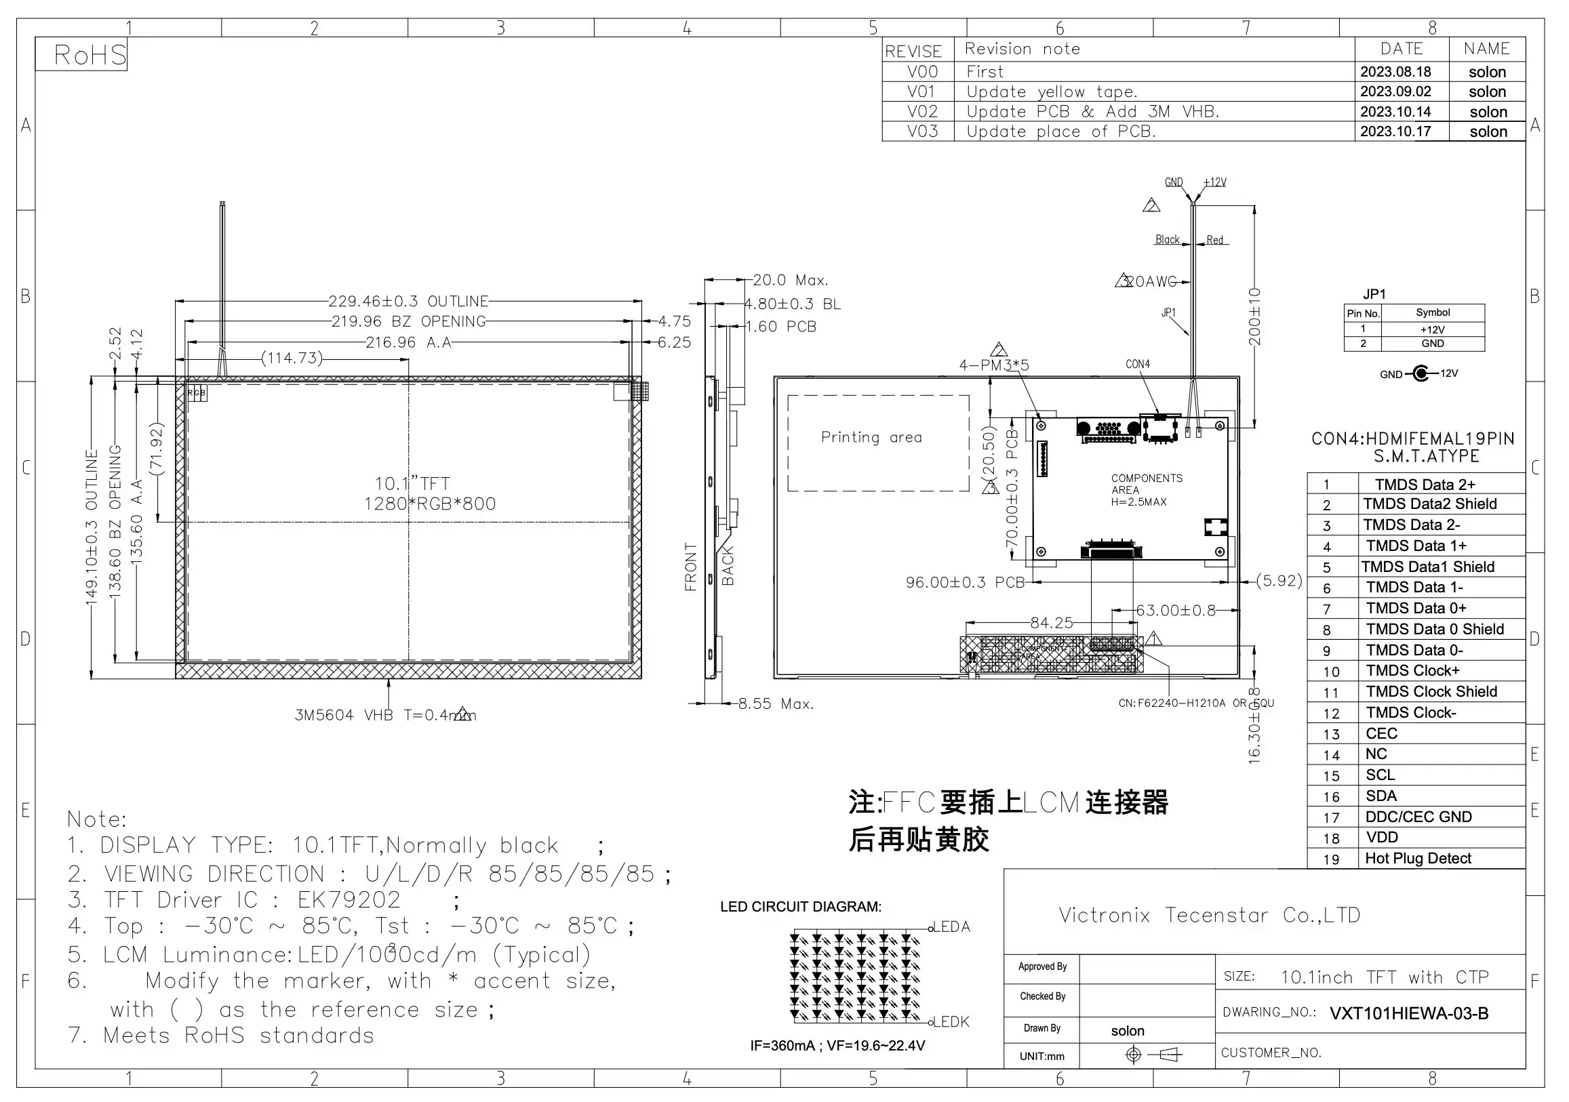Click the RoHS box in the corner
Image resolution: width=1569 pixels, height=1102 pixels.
tap(81, 55)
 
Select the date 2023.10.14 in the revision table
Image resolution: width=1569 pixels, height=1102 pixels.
tap(1395, 111)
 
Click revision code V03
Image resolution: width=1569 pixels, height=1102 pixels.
tap(922, 131)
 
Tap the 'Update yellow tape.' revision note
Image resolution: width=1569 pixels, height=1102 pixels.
tap(1052, 91)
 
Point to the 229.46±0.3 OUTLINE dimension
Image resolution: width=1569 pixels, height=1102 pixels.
tap(408, 302)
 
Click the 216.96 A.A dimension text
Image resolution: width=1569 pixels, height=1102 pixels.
tap(408, 342)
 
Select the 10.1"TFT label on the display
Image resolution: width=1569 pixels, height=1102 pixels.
tap(412, 484)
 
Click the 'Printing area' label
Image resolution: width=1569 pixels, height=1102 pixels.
tap(871, 437)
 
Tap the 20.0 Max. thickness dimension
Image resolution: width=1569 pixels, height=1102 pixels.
tap(790, 280)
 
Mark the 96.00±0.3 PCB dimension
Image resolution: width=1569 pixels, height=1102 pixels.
tap(965, 582)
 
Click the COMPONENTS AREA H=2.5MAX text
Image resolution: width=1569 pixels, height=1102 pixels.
tap(1146, 490)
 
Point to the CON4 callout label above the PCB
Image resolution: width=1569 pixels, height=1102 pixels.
tap(1138, 364)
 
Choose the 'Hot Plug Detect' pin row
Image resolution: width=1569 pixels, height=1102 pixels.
tap(1417, 859)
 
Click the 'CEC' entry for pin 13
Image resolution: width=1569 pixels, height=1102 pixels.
tap(1381, 734)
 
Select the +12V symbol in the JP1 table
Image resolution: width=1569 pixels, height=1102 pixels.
tap(1432, 329)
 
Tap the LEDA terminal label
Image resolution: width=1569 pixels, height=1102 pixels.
tap(951, 927)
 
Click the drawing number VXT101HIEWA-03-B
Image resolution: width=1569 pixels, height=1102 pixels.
tap(1408, 1013)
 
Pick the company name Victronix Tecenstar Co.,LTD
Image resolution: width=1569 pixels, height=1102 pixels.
tap(1209, 915)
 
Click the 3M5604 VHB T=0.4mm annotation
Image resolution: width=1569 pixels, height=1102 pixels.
tap(384, 715)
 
